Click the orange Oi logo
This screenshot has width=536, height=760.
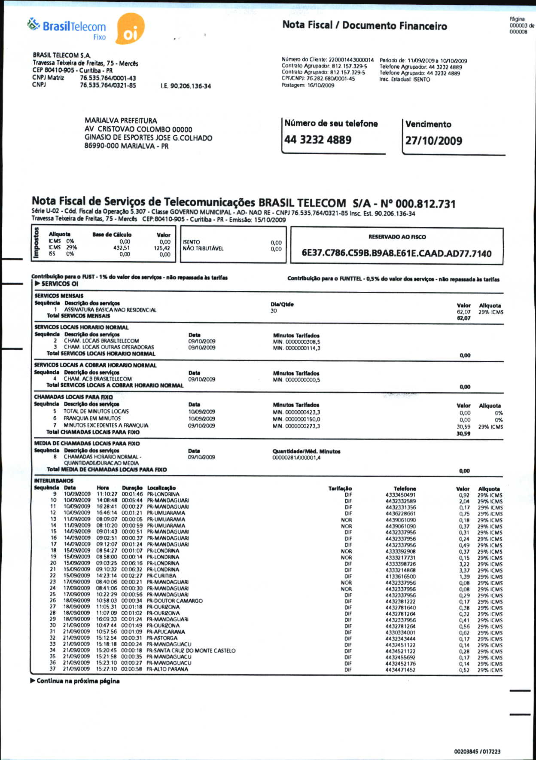130,29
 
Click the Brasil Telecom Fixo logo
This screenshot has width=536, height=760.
67,28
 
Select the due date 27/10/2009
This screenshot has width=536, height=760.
434,141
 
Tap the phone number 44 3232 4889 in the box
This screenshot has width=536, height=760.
318,140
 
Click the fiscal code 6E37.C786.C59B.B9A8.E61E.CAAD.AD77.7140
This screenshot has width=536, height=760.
396,253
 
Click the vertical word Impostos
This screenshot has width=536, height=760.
37,243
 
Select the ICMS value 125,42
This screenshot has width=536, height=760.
162,248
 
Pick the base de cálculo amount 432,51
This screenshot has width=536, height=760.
122,248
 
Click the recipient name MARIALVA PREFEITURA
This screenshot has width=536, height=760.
121,121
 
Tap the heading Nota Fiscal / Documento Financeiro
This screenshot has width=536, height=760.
364,26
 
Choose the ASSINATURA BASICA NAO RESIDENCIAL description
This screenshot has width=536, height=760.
110,310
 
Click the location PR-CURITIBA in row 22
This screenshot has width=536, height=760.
161,576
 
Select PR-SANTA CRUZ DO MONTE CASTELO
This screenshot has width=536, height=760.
191,650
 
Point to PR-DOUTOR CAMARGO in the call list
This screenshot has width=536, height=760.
175,601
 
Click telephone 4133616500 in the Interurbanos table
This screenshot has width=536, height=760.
400,577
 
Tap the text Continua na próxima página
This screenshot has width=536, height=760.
78,681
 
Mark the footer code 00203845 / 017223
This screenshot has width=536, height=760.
477,751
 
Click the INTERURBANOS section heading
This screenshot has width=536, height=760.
54,481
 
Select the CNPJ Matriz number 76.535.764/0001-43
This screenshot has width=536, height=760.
108,78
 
